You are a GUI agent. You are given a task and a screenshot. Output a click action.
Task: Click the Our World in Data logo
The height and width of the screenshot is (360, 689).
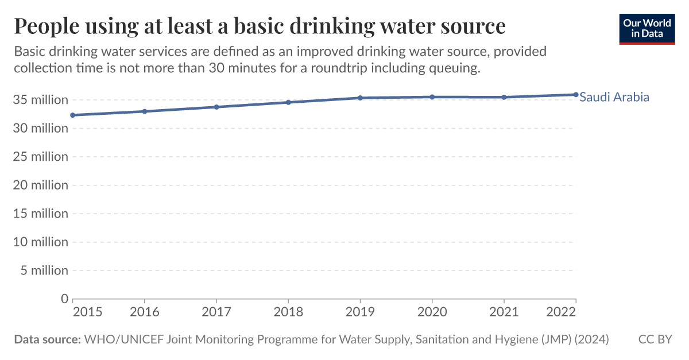coord(647,29)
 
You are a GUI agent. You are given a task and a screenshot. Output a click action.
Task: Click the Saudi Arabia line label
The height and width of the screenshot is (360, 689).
coord(614,97)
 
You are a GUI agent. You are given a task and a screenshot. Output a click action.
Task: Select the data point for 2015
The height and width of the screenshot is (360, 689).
coord(73,115)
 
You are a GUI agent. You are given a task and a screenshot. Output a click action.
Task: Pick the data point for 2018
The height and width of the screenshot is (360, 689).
coord(288,102)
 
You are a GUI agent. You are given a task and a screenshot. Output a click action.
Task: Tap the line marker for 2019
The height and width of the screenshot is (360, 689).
coord(360,98)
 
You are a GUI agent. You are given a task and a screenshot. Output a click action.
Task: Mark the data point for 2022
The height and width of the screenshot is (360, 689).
coord(575,95)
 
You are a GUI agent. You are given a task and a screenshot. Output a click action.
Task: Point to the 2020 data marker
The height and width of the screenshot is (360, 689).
coord(432,97)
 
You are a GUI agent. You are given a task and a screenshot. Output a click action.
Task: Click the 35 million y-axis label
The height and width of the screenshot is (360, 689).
coord(41,100)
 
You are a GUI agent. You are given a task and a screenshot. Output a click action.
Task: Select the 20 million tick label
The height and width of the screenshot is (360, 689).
coord(41,185)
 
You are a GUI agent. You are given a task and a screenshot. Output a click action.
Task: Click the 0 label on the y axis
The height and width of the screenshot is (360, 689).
coord(64,299)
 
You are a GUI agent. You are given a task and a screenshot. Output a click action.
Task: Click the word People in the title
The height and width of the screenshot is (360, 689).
coord(49,26)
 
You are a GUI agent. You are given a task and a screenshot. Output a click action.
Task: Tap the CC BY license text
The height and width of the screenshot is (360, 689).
coord(655,339)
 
